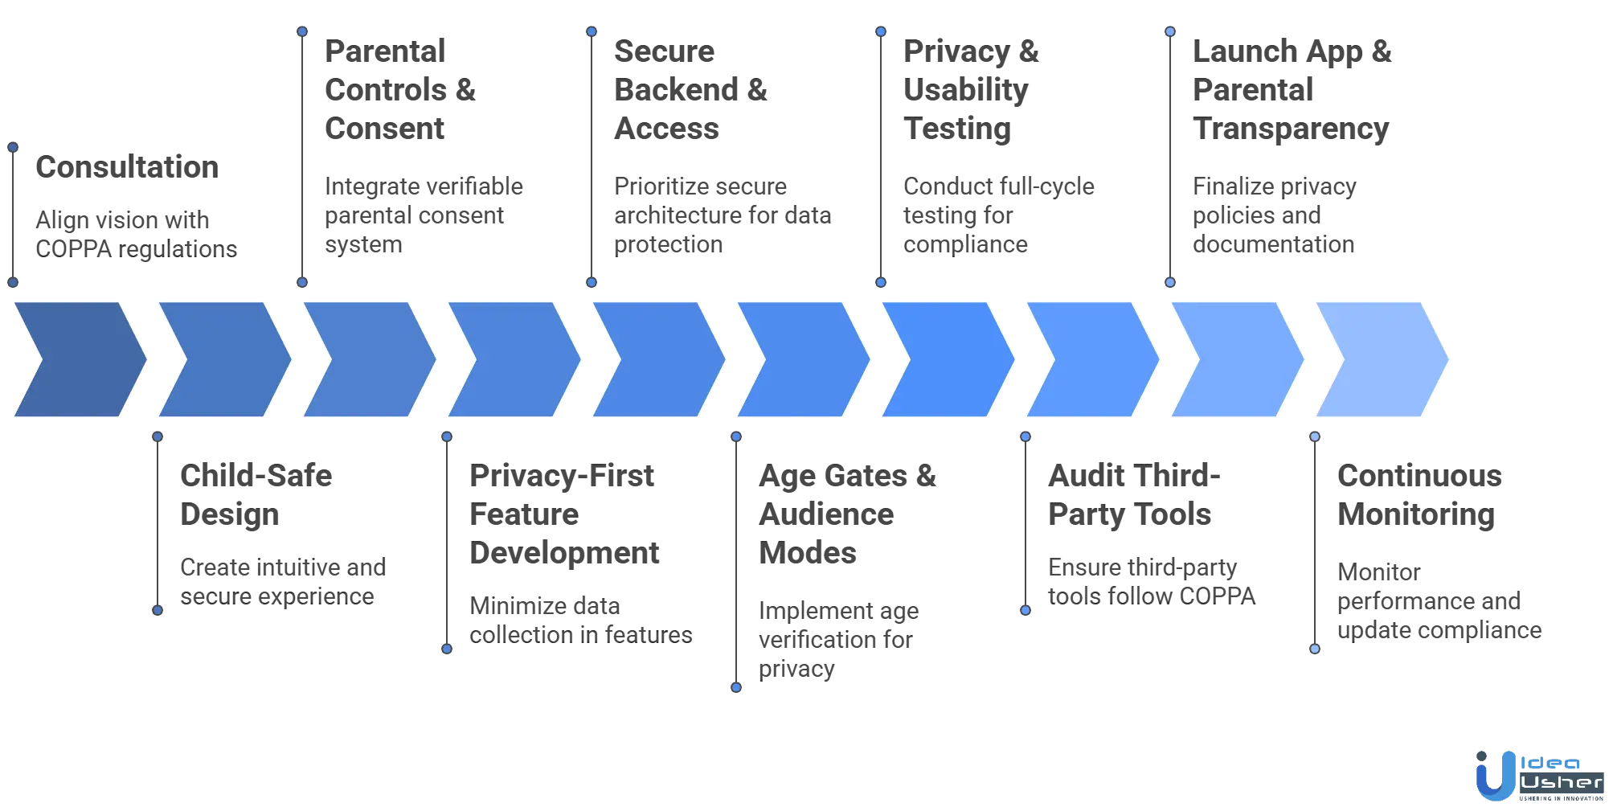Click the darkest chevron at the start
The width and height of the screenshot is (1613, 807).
(76, 360)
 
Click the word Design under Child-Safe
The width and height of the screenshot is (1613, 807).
(231, 516)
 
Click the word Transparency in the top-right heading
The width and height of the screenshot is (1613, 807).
(1291, 129)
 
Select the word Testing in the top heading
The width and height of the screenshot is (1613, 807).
(957, 129)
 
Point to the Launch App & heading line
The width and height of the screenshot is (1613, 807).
(1291, 53)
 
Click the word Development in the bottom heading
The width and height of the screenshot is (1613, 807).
(565, 555)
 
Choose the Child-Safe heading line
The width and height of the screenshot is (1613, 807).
(256, 477)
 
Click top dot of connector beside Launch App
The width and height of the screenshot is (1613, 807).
(1170, 32)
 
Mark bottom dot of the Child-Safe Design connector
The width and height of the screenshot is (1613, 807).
(158, 611)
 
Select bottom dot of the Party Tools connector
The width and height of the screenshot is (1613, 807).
(1025, 611)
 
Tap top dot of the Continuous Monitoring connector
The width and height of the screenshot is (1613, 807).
(1315, 437)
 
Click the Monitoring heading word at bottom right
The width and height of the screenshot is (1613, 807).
(1417, 516)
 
